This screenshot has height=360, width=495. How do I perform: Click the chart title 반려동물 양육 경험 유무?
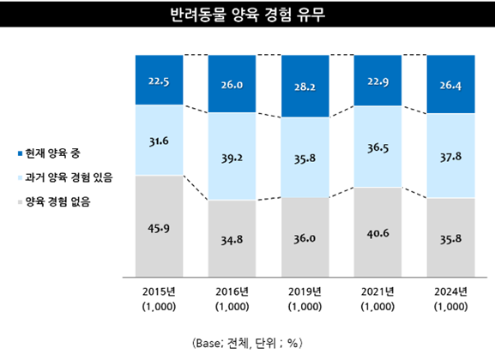(247, 16)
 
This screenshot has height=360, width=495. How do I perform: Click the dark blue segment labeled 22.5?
(159, 81)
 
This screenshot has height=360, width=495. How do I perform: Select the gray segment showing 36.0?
(305, 232)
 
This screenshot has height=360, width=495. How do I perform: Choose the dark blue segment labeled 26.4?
(451, 86)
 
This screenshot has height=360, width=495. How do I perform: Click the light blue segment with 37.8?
(451, 157)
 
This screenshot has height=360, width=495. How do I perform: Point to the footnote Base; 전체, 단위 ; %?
(247, 341)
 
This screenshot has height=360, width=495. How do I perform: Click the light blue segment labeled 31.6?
(159, 141)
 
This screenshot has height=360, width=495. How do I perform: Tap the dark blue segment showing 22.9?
(378, 81)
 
